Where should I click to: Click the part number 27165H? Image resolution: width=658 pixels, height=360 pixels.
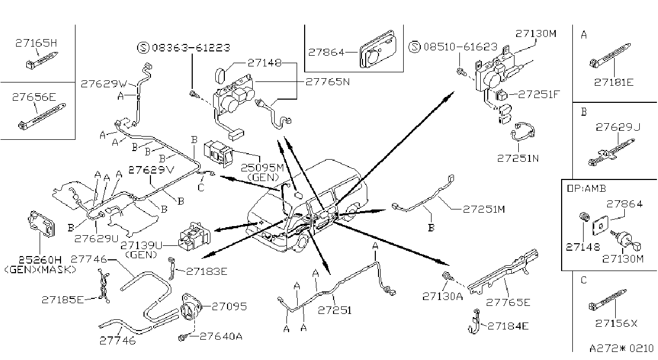pyautogui.click(x=36, y=43)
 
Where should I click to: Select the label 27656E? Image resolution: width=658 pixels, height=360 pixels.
pyautogui.click(x=34, y=97)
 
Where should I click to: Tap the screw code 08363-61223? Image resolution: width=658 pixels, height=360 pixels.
pyautogui.click(x=191, y=48)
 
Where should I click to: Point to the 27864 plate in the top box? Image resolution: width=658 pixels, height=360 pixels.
pyautogui.click(x=378, y=49)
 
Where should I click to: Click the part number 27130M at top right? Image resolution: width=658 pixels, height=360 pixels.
pyautogui.click(x=536, y=34)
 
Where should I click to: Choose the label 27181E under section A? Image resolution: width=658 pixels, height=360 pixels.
pyautogui.click(x=614, y=82)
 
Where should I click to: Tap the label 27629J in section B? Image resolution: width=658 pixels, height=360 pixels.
pyautogui.click(x=618, y=127)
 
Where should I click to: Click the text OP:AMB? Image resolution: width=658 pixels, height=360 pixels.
pyautogui.click(x=586, y=189)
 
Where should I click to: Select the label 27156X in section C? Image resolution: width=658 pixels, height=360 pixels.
pyautogui.click(x=616, y=324)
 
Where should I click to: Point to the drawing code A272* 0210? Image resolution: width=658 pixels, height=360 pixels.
pyautogui.click(x=621, y=349)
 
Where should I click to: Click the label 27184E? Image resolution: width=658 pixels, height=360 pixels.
pyautogui.click(x=508, y=326)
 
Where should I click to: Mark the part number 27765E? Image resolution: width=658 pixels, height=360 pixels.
pyautogui.click(x=508, y=302)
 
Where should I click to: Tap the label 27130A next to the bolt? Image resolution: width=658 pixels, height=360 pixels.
pyautogui.click(x=442, y=297)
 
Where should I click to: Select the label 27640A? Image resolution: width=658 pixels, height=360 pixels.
pyautogui.click(x=221, y=336)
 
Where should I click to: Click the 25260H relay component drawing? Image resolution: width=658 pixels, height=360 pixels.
pyautogui.click(x=41, y=224)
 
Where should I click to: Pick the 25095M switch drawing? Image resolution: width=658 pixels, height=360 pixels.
pyautogui.click(x=218, y=153)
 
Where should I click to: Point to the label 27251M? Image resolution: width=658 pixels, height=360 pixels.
pyautogui.click(x=484, y=209)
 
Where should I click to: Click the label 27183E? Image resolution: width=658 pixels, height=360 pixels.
pyautogui.click(x=207, y=271)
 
